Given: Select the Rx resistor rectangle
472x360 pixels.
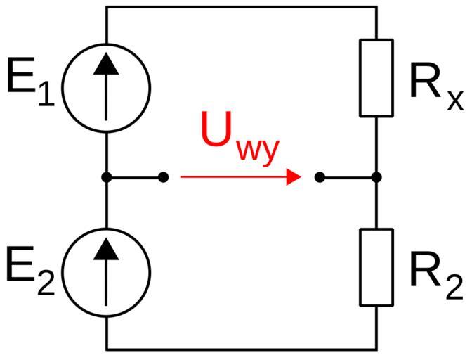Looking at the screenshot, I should click(x=376, y=77).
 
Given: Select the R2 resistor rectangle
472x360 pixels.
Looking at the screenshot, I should click(x=376, y=267).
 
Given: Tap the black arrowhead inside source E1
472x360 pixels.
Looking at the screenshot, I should click(x=106, y=63).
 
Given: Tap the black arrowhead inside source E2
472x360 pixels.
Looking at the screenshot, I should click(x=106, y=247).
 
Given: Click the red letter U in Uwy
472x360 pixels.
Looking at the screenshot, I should click(x=218, y=131).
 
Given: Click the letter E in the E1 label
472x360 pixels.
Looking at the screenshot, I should click(x=21, y=78).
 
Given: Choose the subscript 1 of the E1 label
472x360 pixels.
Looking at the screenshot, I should click(x=45, y=94).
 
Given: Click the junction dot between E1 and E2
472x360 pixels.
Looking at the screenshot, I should click(x=106, y=177).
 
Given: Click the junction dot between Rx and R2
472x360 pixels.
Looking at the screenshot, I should click(x=376, y=177).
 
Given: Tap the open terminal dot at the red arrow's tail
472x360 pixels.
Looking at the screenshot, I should click(x=164, y=177).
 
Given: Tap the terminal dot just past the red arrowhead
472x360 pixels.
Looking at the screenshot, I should click(x=320, y=177).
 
